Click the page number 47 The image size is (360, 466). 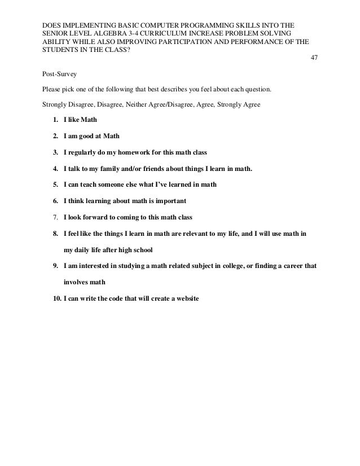coord(314,58)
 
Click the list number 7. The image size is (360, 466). coord(54,217)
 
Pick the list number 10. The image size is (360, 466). coord(56,298)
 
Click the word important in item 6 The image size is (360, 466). coord(169,200)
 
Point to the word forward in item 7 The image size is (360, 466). coord(95,217)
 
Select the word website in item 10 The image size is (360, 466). coord(186,298)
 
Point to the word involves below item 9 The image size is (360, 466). coord(76,282)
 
